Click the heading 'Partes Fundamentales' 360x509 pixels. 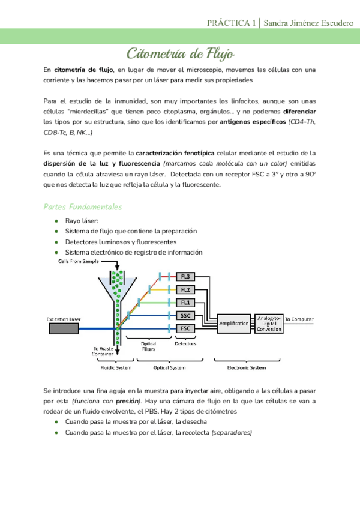[x=83, y=206]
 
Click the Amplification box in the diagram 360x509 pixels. [x=235, y=323]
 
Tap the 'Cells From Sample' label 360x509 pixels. [x=78, y=262]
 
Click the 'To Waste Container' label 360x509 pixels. [x=103, y=351]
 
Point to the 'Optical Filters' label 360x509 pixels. [x=150, y=346]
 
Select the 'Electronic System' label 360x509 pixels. [x=245, y=367]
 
